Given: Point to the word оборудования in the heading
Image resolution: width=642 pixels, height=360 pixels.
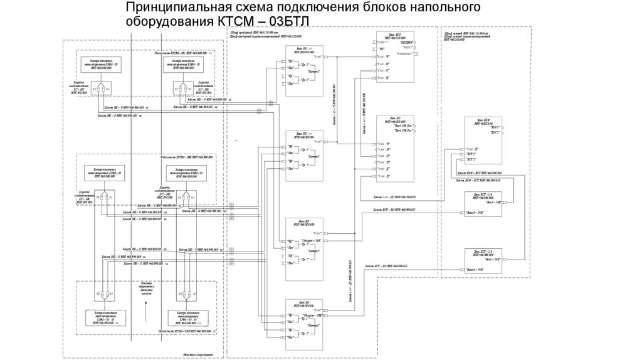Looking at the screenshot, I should (x=169, y=22).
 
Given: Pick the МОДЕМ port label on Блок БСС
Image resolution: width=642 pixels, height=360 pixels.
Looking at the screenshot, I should (x=406, y=42).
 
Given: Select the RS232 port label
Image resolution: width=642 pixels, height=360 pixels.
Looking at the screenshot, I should (x=408, y=48).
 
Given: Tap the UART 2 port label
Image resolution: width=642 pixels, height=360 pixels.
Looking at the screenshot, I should (x=382, y=42).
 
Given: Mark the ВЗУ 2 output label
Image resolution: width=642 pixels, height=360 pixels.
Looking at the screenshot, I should (x=495, y=134).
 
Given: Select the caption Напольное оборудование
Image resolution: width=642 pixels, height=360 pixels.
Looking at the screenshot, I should (x=199, y=355).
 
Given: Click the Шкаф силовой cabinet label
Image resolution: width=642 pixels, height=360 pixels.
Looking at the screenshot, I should (x=467, y=31).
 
